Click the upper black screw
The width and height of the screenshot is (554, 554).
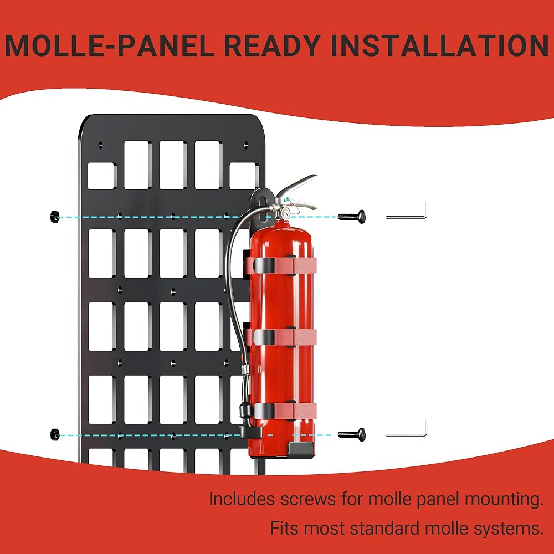click(x=353, y=217)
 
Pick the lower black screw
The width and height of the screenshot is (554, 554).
click(x=353, y=434)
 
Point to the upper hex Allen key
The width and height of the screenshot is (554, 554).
click(x=407, y=216)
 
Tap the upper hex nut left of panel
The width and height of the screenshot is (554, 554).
click(x=54, y=215)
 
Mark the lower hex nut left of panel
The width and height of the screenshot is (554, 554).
click(x=54, y=433)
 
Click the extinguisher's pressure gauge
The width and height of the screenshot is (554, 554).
click(x=285, y=213)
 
